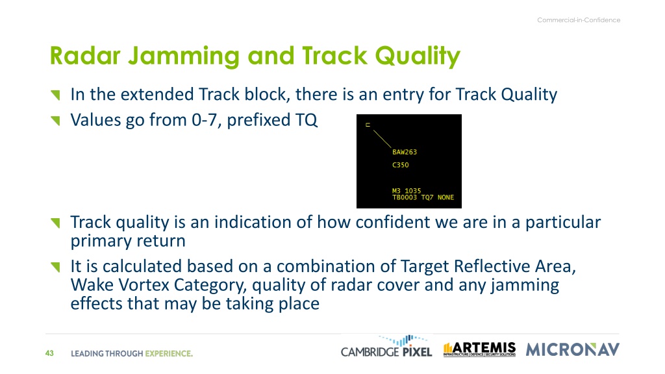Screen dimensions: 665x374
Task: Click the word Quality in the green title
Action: click(418, 56)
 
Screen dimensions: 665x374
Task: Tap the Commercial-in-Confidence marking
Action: click(579, 20)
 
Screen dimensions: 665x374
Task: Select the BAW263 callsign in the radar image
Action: click(405, 152)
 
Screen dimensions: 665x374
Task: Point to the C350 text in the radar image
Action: click(400, 165)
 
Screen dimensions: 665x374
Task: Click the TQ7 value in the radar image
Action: click(427, 197)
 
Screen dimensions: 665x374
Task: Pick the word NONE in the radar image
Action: click(445, 197)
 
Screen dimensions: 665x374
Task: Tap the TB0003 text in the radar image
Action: click(405, 197)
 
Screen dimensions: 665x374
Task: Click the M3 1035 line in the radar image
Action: click(407, 191)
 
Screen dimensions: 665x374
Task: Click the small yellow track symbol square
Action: click(368, 125)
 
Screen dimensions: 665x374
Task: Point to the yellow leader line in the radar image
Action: click(382, 139)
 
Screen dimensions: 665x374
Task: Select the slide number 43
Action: click(49, 353)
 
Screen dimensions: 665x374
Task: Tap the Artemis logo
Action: click(480, 349)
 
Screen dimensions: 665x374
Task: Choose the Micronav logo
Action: click(573, 350)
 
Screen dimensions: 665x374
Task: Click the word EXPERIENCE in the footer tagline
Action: click(169, 354)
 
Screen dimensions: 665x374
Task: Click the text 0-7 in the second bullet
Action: click(207, 120)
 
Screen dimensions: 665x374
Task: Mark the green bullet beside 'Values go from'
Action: click(56, 121)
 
